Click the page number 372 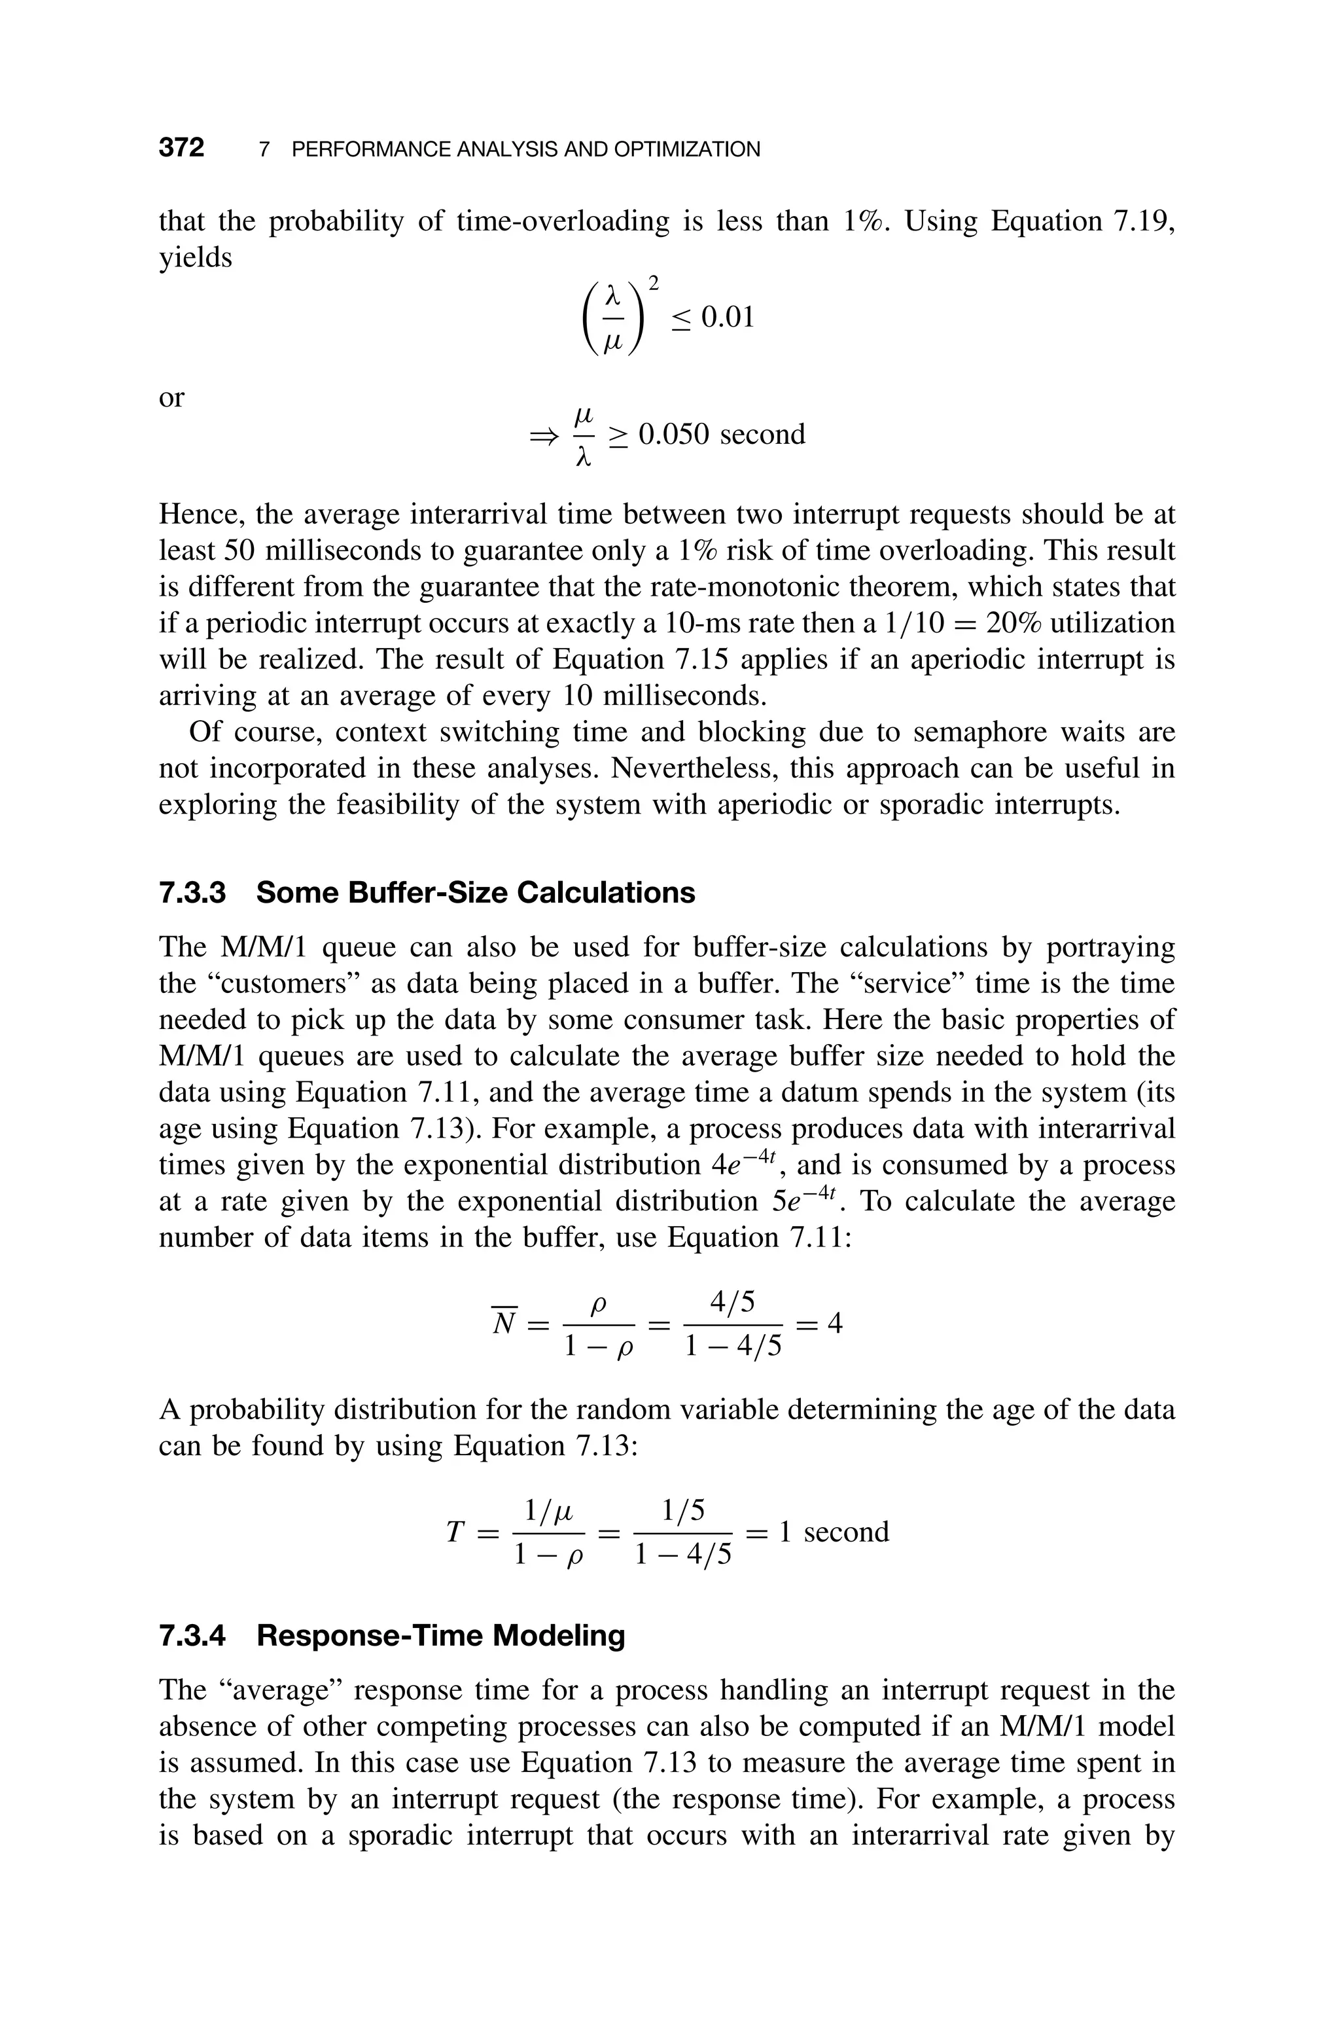point(181,148)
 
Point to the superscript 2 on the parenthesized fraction point(653,282)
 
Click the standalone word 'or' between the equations point(172,397)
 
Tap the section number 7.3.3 point(193,892)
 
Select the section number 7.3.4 point(193,1635)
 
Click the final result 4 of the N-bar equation point(835,1323)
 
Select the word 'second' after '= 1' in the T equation point(846,1531)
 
